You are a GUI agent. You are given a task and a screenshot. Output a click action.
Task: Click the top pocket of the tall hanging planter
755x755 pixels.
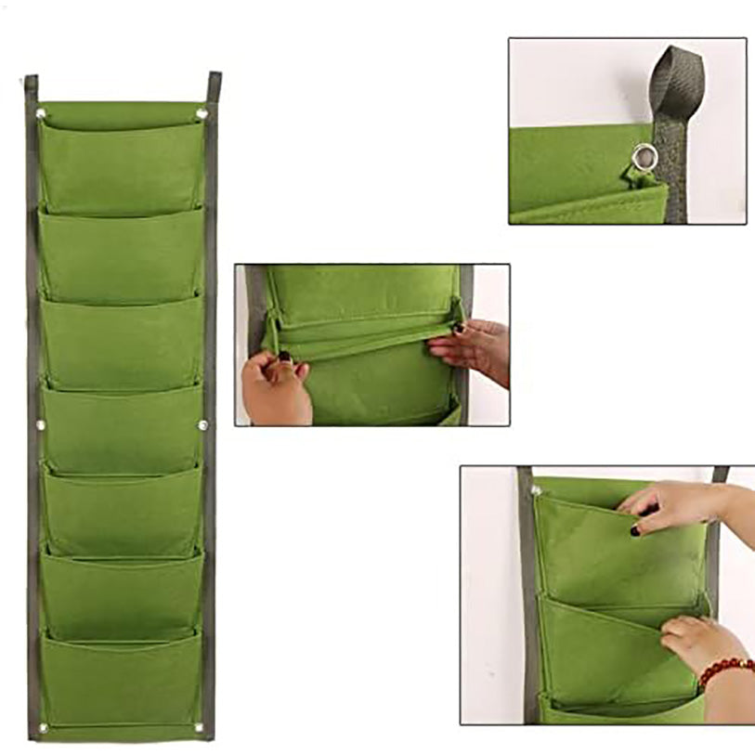(x=121, y=163)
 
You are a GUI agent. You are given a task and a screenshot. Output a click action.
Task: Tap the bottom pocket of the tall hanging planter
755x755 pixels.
(x=121, y=678)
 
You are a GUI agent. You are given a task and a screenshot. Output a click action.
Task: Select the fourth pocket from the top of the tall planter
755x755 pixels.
(x=121, y=427)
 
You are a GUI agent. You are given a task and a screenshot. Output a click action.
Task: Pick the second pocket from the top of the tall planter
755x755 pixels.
(x=121, y=255)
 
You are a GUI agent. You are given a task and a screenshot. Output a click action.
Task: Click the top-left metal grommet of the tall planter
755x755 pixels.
(x=41, y=114)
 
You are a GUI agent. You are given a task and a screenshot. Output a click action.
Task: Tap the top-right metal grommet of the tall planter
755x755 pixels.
(x=202, y=114)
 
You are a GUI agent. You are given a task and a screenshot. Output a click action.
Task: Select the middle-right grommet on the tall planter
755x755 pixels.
(x=202, y=425)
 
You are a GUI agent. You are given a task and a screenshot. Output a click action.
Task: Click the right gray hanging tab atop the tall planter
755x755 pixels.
(x=214, y=85)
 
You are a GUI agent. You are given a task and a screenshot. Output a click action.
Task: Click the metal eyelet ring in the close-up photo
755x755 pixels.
(x=640, y=157)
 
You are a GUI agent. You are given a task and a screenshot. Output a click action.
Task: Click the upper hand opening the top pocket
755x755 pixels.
(x=678, y=506)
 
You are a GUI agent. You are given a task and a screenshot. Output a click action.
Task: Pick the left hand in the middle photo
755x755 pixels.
(x=274, y=385)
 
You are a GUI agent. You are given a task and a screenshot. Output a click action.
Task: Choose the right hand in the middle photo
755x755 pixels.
(x=474, y=348)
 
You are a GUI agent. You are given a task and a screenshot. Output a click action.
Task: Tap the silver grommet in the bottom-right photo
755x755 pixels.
(x=536, y=489)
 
